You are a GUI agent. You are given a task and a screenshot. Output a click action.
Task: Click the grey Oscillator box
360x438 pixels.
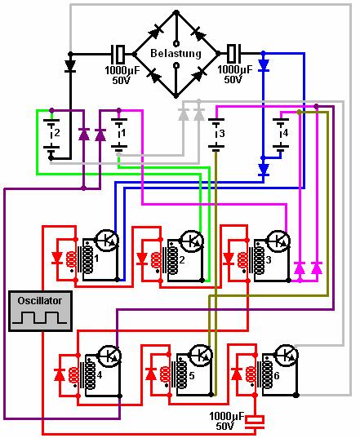(x=41, y=311)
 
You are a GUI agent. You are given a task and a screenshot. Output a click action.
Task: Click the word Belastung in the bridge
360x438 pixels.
(x=176, y=53)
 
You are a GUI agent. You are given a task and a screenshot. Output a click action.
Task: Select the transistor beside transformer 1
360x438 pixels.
(x=107, y=240)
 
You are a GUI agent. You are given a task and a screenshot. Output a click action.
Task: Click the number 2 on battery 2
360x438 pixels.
(x=57, y=133)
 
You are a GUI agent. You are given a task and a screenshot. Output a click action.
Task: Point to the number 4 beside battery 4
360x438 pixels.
(x=284, y=133)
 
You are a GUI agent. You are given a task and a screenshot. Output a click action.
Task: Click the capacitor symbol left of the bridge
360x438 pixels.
(x=118, y=54)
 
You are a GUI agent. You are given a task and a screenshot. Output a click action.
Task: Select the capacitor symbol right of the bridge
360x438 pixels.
(x=233, y=53)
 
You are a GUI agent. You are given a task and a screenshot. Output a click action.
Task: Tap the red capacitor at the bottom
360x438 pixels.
(x=255, y=422)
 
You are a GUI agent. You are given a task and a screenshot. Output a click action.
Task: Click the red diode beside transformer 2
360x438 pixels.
(x=142, y=259)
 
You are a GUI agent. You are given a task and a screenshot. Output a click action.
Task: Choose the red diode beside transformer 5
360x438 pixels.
(x=151, y=374)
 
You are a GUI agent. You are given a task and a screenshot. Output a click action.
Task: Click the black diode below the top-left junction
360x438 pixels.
(x=70, y=66)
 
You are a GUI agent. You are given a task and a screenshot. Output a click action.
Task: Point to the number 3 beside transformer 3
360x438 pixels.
(x=269, y=260)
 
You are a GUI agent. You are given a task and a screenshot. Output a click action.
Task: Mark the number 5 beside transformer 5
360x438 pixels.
(x=192, y=375)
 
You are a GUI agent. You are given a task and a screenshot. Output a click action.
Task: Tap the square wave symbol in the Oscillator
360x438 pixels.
(x=39, y=318)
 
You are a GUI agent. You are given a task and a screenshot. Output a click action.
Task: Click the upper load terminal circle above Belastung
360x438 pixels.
(x=176, y=43)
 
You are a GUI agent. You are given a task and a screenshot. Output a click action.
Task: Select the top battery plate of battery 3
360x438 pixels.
(x=216, y=120)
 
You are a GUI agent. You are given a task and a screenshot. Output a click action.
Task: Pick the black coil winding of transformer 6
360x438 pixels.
(x=268, y=374)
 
